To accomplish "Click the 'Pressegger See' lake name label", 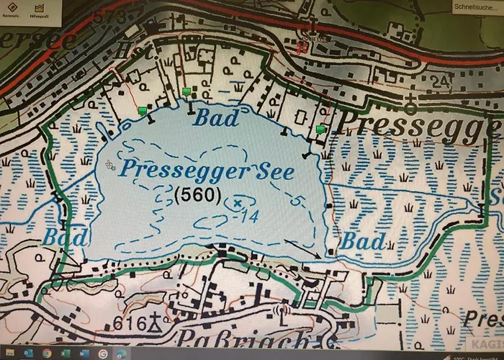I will pos(207,171).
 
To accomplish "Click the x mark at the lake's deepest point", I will pos(237,203).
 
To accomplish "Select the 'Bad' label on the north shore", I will pos(216,118).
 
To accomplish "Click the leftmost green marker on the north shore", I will pos(143,110).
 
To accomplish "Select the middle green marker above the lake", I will pos(187,91).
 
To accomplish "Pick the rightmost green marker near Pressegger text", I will pos(320,129).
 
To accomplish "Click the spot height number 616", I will pos(129,323).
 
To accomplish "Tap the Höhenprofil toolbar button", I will pos(39,11).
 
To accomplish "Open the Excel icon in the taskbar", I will pos(66,354).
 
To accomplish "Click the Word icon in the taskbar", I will pos(84,354).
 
